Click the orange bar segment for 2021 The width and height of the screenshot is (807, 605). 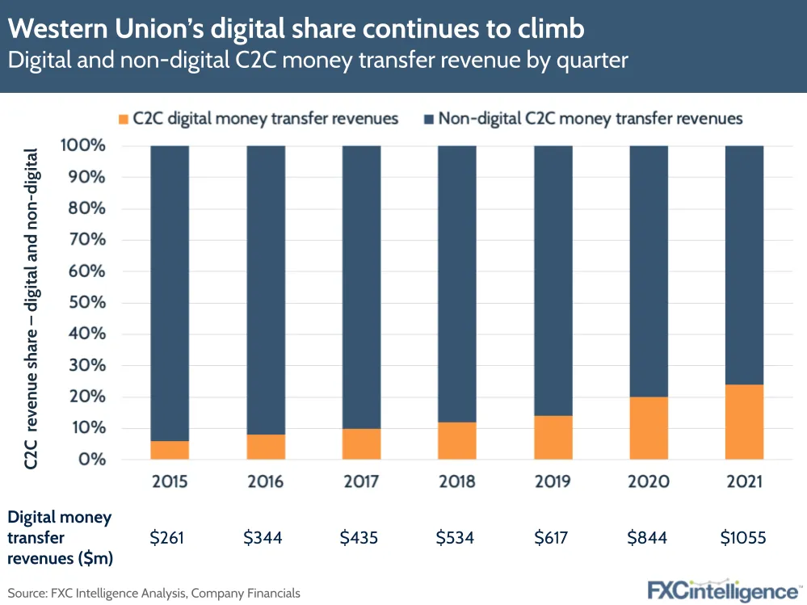pyautogui.click(x=744, y=422)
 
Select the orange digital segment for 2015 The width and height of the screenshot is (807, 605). pyautogui.click(x=170, y=450)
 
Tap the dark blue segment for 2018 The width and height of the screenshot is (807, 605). pyautogui.click(x=457, y=284)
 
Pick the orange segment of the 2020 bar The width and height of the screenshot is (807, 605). pyautogui.click(x=649, y=428)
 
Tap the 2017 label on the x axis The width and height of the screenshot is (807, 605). pyautogui.click(x=361, y=482)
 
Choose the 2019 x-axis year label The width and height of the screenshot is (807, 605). pyautogui.click(x=553, y=482)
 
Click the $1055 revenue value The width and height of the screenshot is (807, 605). pyautogui.click(x=743, y=536)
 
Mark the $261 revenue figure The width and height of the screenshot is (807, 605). pyautogui.click(x=170, y=536)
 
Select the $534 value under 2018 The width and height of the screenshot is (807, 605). pyautogui.click(x=456, y=536)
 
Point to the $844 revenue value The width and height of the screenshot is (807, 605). pyautogui.click(x=648, y=536)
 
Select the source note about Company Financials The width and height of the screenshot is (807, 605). pyautogui.click(x=154, y=593)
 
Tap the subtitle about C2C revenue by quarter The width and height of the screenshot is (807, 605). pyautogui.click(x=318, y=61)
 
